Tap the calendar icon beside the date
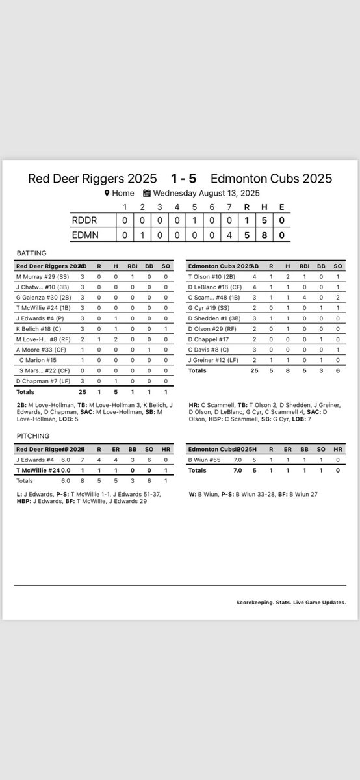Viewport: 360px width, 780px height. pyautogui.click(x=147, y=193)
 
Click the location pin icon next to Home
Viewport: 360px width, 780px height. pyautogui.click(x=107, y=193)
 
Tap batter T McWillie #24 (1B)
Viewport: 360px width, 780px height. pyautogui.click(x=45, y=307)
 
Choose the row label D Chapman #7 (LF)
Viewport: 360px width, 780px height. pyautogui.click(x=43, y=380)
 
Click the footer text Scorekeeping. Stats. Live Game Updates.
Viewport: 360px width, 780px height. pyautogui.click(x=290, y=602)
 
